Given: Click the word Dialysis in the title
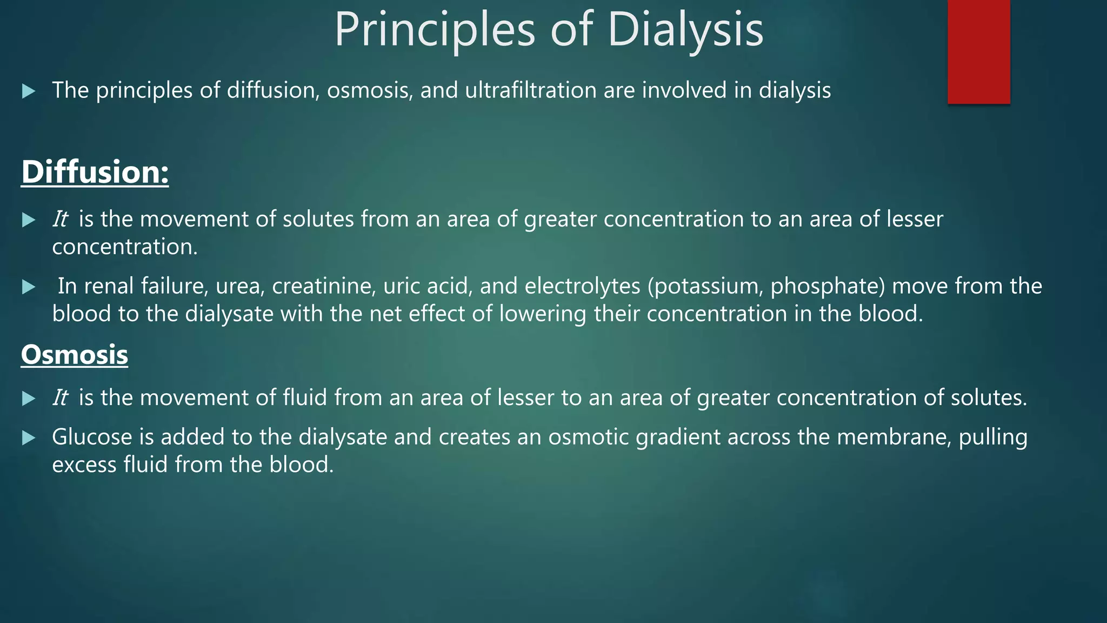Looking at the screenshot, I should (x=685, y=30).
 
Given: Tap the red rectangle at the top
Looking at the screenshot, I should (x=978, y=51).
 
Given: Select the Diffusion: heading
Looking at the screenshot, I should (x=95, y=172).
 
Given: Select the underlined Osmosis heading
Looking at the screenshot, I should (x=75, y=355).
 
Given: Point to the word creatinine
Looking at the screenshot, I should (x=324, y=286).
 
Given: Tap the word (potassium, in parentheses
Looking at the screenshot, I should (x=705, y=286).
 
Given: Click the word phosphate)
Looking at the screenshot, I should (x=828, y=286).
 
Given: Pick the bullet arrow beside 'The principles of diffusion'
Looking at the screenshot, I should (x=29, y=91).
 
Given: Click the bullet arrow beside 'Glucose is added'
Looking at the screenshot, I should (x=29, y=438).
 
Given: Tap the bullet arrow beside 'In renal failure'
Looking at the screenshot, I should (x=29, y=287).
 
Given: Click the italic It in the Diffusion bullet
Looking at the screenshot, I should (x=59, y=219).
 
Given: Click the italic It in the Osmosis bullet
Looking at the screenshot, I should (x=59, y=397).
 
